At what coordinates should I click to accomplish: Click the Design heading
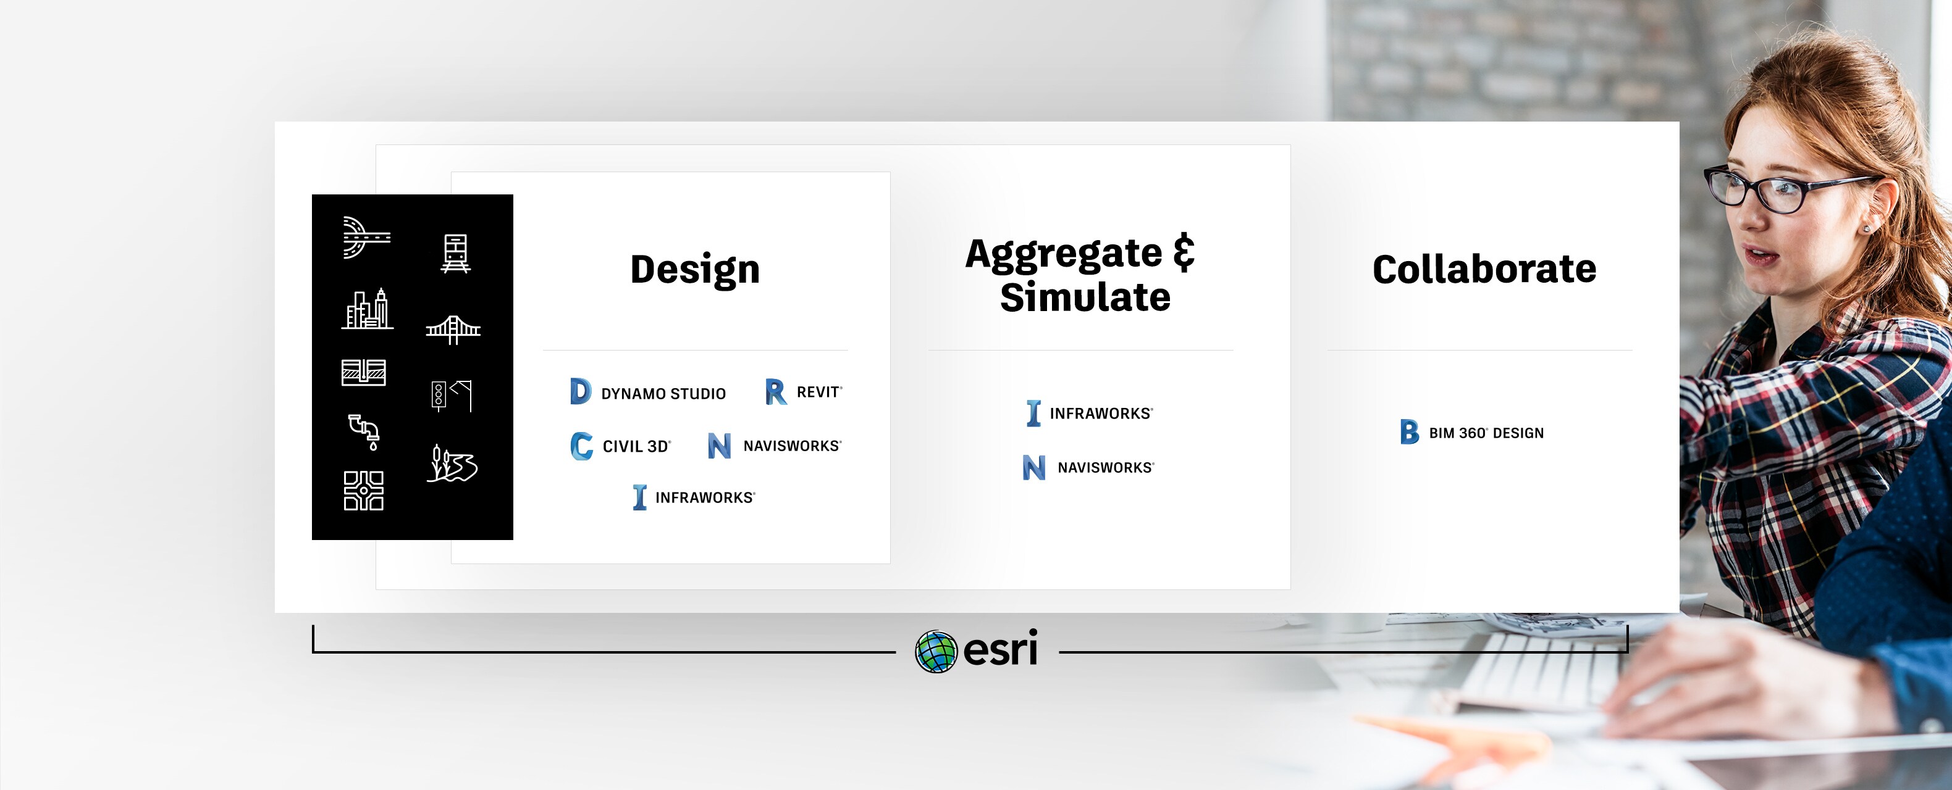(x=695, y=270)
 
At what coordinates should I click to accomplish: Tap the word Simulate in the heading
(x=1085, y=297)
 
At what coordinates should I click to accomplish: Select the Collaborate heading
(x=1484, y=269)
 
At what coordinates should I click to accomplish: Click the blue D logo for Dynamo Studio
(x=579, y=391)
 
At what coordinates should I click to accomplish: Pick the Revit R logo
(x=775, y=391)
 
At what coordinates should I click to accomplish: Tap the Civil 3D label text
(x=636, y=447)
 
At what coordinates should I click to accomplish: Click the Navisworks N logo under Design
(x=719, y=446)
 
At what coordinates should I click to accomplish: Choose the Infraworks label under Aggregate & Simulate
(x=1101, y=414)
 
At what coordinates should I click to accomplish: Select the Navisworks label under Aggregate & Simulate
(x=1106, y=468)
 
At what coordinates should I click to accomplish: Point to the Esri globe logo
(x=936, y=651)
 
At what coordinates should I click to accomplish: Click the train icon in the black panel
(x=455, y=254)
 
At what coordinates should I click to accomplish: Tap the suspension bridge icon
(x=453, y=330)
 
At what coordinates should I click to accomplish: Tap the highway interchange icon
(x=366, y=238)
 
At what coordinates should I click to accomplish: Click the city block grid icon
(x=364, y=491)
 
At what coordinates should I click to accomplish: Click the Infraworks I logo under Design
(x=639, y=497)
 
